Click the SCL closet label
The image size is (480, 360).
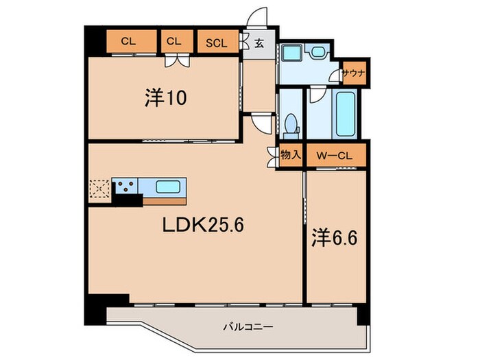217,43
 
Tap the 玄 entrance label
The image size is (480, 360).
259,43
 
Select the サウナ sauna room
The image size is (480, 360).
355,73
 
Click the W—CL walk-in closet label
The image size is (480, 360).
334,156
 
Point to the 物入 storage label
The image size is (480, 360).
291,155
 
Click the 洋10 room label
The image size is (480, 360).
166,98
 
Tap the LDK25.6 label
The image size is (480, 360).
203,226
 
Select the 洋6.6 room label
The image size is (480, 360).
335,238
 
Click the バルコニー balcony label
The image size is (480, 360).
248,327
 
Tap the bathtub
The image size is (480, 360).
346,115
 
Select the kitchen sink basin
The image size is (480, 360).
168,187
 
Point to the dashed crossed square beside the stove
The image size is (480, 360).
99,189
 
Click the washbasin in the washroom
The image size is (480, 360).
318,52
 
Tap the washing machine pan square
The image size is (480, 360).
292,52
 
